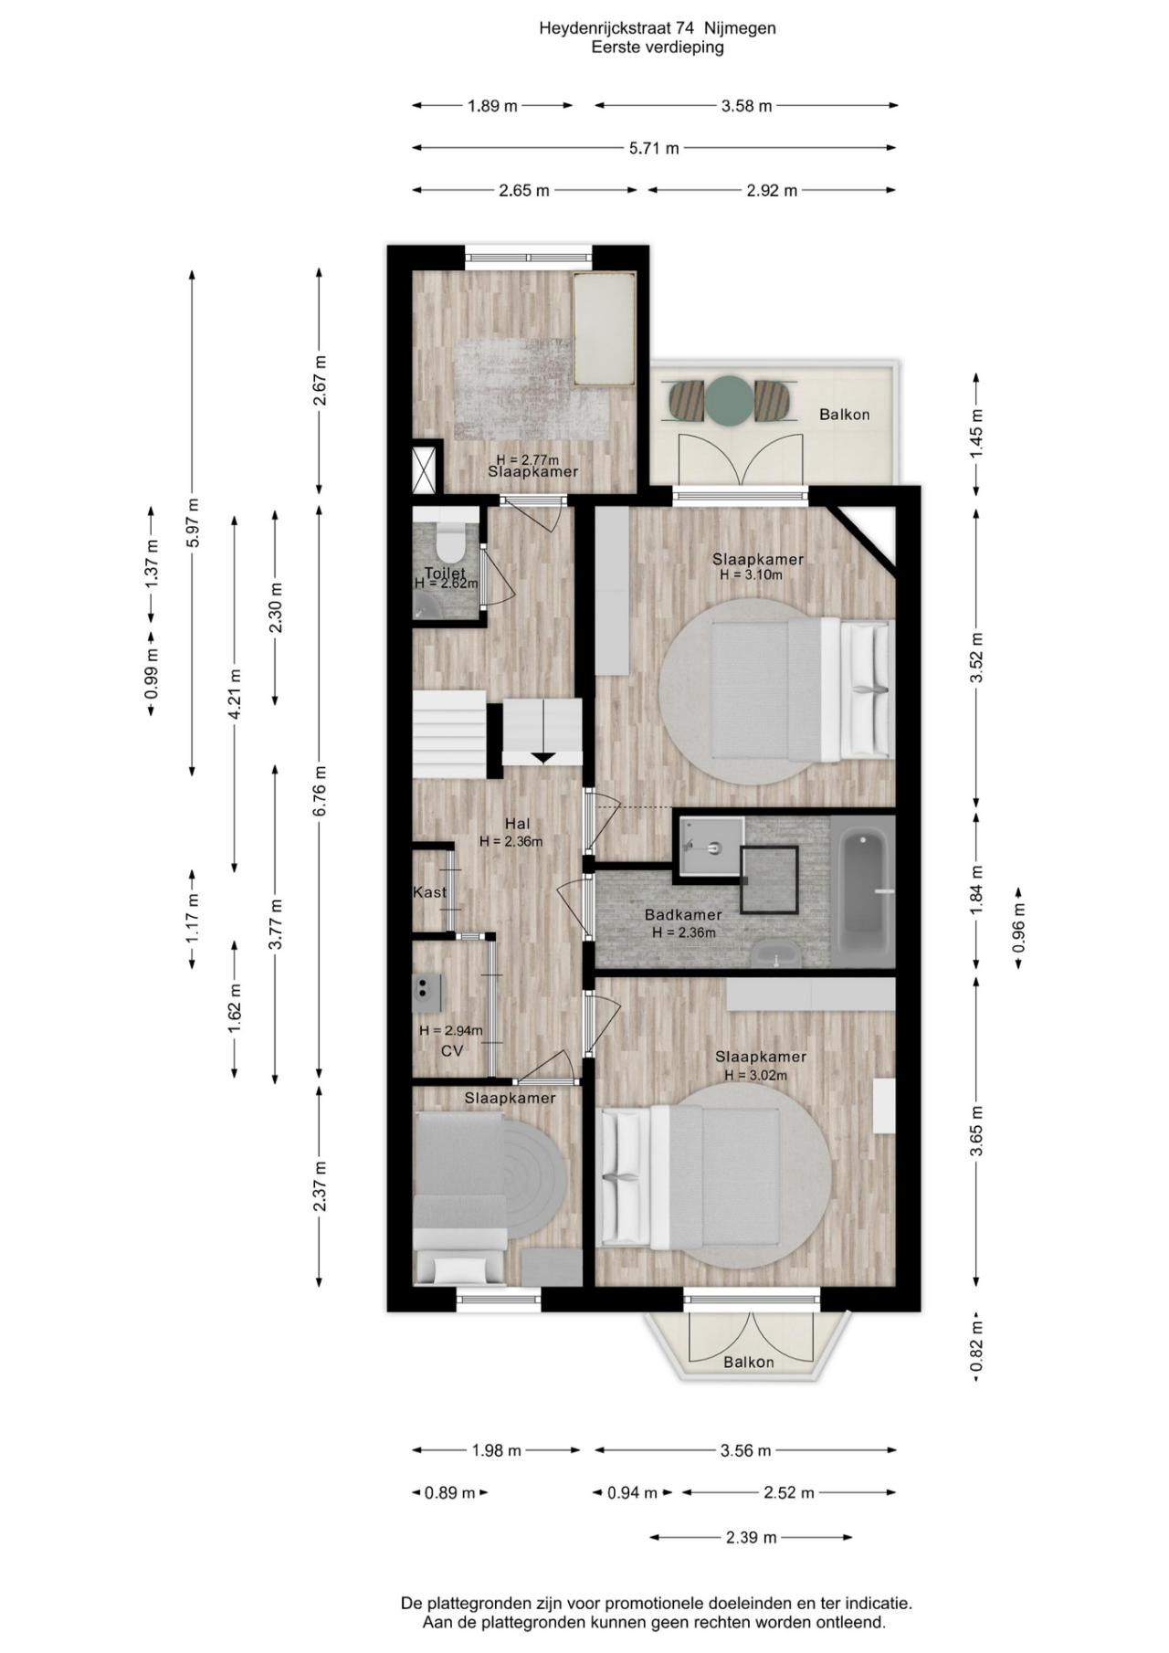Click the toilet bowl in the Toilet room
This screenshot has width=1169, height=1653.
450,541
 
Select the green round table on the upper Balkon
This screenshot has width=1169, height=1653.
729,399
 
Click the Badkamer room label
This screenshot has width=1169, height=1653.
683,914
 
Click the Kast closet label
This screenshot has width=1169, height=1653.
429,891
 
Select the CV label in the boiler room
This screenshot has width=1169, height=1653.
452,1051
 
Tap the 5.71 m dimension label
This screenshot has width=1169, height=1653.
654,148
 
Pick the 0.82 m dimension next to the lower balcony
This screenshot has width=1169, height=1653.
976,1348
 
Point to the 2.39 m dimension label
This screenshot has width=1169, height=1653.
751,1537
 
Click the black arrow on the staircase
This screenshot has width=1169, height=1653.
542,756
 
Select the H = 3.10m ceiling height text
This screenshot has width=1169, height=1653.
751,575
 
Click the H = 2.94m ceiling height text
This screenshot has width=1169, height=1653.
451,1030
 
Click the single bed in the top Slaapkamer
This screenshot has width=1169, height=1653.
604,329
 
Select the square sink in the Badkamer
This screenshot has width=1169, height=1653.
711,846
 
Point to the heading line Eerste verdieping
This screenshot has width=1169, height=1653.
657,47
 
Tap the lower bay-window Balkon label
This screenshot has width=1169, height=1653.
749,1362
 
